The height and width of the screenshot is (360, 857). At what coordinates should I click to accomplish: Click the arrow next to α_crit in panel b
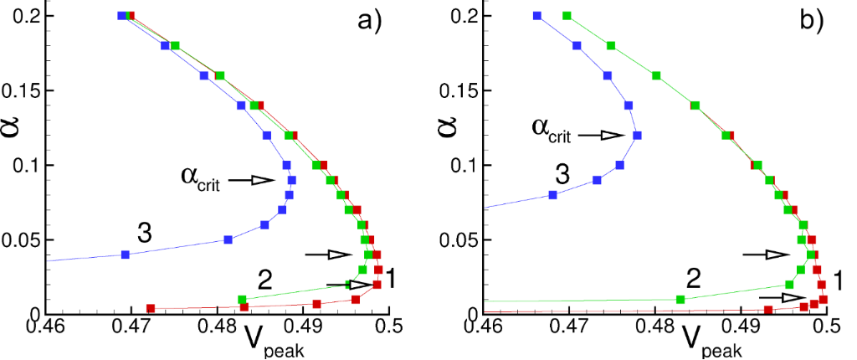click(x=601, y=135)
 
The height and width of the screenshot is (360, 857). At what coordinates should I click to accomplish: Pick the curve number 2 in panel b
click(x=694, y=278)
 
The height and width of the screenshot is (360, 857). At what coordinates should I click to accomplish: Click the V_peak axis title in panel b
click(x=707, y=340)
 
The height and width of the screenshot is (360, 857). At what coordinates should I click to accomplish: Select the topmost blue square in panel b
click(x=537, y=15)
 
